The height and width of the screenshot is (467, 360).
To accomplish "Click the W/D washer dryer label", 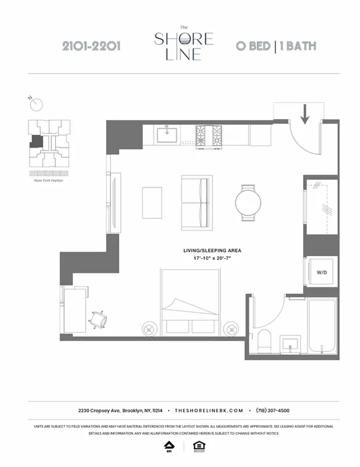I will click(321, 272).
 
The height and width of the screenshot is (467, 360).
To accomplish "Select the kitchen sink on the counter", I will click(167, 135).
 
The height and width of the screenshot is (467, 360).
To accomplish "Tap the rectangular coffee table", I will click(153, 202).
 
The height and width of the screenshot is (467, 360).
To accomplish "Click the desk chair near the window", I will click(97, 319).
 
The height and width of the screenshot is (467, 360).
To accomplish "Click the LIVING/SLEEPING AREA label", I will click(212, 250).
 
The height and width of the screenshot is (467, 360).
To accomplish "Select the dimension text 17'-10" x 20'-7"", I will click(212, 258).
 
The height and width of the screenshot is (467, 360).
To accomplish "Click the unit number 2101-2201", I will click(91, 46).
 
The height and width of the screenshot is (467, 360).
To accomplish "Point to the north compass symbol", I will click(37, 104).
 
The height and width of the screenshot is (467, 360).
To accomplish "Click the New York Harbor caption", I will click(48, 180).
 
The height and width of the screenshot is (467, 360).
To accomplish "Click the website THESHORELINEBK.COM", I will click(207, 410).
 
